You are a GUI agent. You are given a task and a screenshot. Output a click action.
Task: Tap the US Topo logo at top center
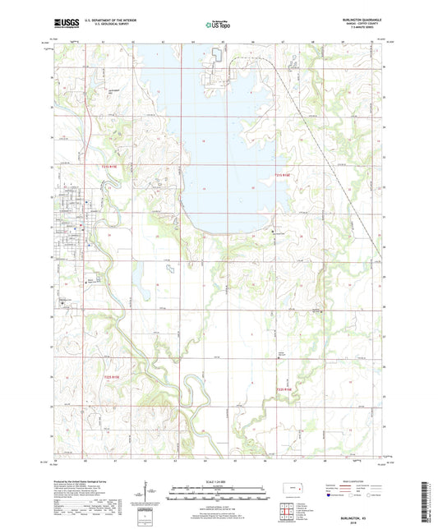coord(219,25)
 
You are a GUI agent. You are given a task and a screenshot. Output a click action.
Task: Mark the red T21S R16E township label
coord(282,174)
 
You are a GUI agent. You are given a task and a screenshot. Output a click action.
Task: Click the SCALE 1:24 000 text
coord(219,481)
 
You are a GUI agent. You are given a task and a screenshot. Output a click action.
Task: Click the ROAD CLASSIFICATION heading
coord(353,480)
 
